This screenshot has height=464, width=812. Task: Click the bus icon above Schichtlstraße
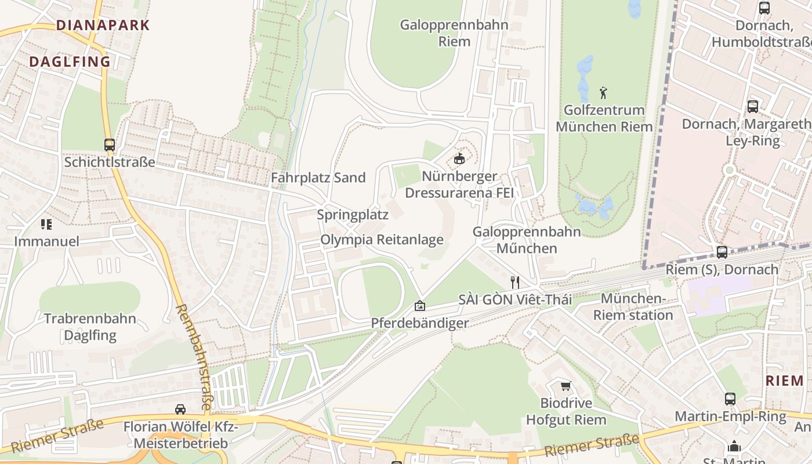110,145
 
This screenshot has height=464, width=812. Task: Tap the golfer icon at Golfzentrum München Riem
603,92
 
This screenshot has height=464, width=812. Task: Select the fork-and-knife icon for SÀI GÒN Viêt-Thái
514,282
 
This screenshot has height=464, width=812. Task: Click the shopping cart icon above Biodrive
565,386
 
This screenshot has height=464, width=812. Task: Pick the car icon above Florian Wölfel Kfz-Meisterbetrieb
180,409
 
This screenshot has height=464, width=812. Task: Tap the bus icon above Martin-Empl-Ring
730,399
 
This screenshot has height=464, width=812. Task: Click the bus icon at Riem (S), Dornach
722,252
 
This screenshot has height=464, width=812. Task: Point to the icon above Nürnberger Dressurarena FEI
459,158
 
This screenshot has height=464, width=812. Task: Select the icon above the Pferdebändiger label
419,306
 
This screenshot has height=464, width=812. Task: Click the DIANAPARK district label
103,26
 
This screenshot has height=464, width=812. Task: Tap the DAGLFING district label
70,61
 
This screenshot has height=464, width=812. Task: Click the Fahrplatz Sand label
318,178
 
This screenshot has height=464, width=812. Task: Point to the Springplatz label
353,215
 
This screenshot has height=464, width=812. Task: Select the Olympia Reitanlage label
382,240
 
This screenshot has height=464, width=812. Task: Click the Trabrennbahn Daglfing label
90,327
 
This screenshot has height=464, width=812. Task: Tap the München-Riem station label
633,307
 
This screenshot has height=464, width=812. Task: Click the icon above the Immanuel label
46,224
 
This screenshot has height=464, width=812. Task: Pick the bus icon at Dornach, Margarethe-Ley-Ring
752,107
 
